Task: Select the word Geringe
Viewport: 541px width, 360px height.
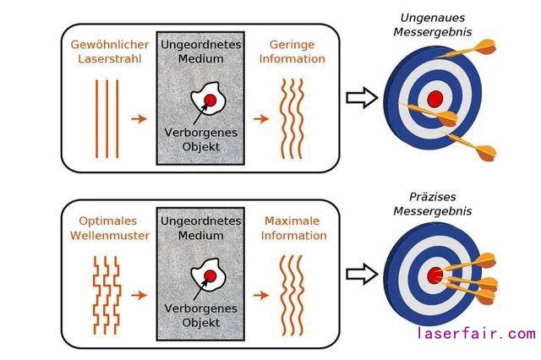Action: (x=292, y=43)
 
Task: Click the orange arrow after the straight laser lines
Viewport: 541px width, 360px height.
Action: (x=137, y=117)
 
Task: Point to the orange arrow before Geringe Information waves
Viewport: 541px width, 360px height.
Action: (x=262, y=117)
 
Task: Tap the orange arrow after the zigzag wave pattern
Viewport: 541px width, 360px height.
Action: (x=137, y=295)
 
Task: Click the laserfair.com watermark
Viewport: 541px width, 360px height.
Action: (x=476, y=334)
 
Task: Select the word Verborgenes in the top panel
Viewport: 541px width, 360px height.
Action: (x=201, y=134)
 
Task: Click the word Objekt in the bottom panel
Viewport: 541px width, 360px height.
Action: (x=201, y=323)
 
